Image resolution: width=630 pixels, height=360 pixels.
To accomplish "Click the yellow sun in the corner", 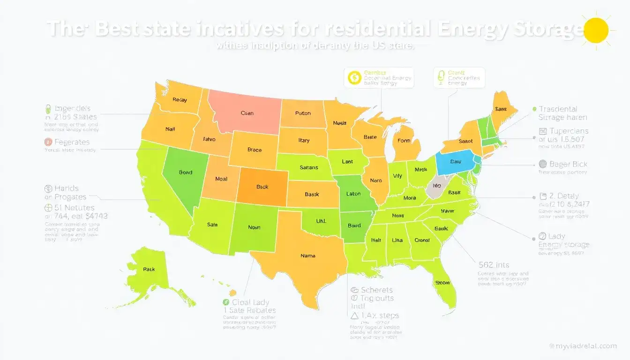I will click(597, 30).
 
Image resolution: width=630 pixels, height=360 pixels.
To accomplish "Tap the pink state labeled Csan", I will click(247, 113).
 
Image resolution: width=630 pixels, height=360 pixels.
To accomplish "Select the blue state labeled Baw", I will click(456, 161).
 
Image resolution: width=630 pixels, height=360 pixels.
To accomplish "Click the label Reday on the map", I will click(180, 100).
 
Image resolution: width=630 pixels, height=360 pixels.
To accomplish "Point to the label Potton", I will click(303, 113).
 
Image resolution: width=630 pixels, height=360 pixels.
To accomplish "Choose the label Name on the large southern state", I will click(307, 256).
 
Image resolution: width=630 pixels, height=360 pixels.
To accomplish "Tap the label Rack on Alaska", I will click(149, 270).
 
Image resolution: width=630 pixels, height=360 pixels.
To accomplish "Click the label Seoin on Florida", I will click(442, 283).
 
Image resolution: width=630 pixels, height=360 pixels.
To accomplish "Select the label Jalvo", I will click(209, 139).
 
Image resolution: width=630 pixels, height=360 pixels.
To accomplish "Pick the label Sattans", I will click(308, 167).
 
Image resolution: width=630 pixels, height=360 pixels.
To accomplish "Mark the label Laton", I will click(353, 194).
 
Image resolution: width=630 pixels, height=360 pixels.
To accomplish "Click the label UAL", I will click(321, 220).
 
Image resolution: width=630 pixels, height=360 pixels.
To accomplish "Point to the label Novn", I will click(254, 227).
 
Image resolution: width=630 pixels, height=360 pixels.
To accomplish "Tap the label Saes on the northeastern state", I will click(501, 109).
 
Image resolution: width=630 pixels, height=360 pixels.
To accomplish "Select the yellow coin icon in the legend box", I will click(354, 77).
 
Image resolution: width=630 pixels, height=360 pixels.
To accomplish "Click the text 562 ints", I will click(493, 264).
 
